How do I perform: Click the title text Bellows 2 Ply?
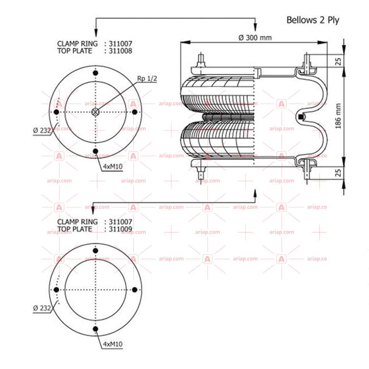click(x=313, y=20)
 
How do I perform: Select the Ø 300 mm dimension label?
click(x=255, y=38)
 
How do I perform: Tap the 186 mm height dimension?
click(x=338, y=116)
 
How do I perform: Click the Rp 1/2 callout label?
click(x=147, y=78)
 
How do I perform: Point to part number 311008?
click(x=121, y=51)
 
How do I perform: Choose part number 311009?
click(x=121, y=229)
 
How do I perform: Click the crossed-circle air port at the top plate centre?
click(x=95, y=112)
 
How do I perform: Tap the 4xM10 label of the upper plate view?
click(x=113, y=167)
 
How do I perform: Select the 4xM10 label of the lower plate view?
click(x=113, y=344)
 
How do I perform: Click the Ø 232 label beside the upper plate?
click(x=42, y=131)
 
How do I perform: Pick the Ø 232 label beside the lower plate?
click(x=42, y=308)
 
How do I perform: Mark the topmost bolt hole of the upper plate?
click(x=95, y=73)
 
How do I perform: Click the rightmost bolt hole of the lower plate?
click(x=135, y=290)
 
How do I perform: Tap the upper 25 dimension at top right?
click(x=338, y=62)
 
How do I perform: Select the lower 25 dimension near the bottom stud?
click(x=338, y=173)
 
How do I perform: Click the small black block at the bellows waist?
click(x=300, y=116)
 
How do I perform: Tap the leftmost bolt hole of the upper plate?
click(x=56, y=112)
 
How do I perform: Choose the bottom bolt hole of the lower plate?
click(x=95, y=329)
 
